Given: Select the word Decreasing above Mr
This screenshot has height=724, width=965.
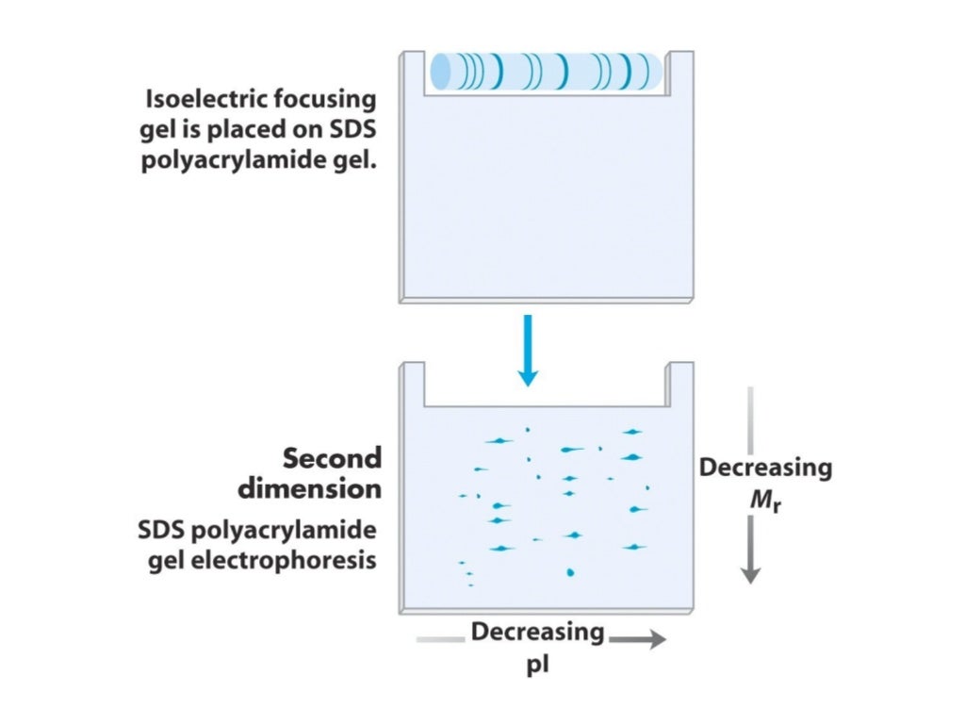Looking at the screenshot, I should pyautogui.click(x=765, y=468).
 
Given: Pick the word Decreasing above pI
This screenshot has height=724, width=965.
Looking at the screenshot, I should pyautogui.click(x=537, y=632).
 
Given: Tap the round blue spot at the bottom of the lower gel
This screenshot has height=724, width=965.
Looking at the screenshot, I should pyautogui.click(x=569, y=571).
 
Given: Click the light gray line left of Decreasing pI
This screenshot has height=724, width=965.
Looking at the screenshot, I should pyautogui.click(x=439, y=640).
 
